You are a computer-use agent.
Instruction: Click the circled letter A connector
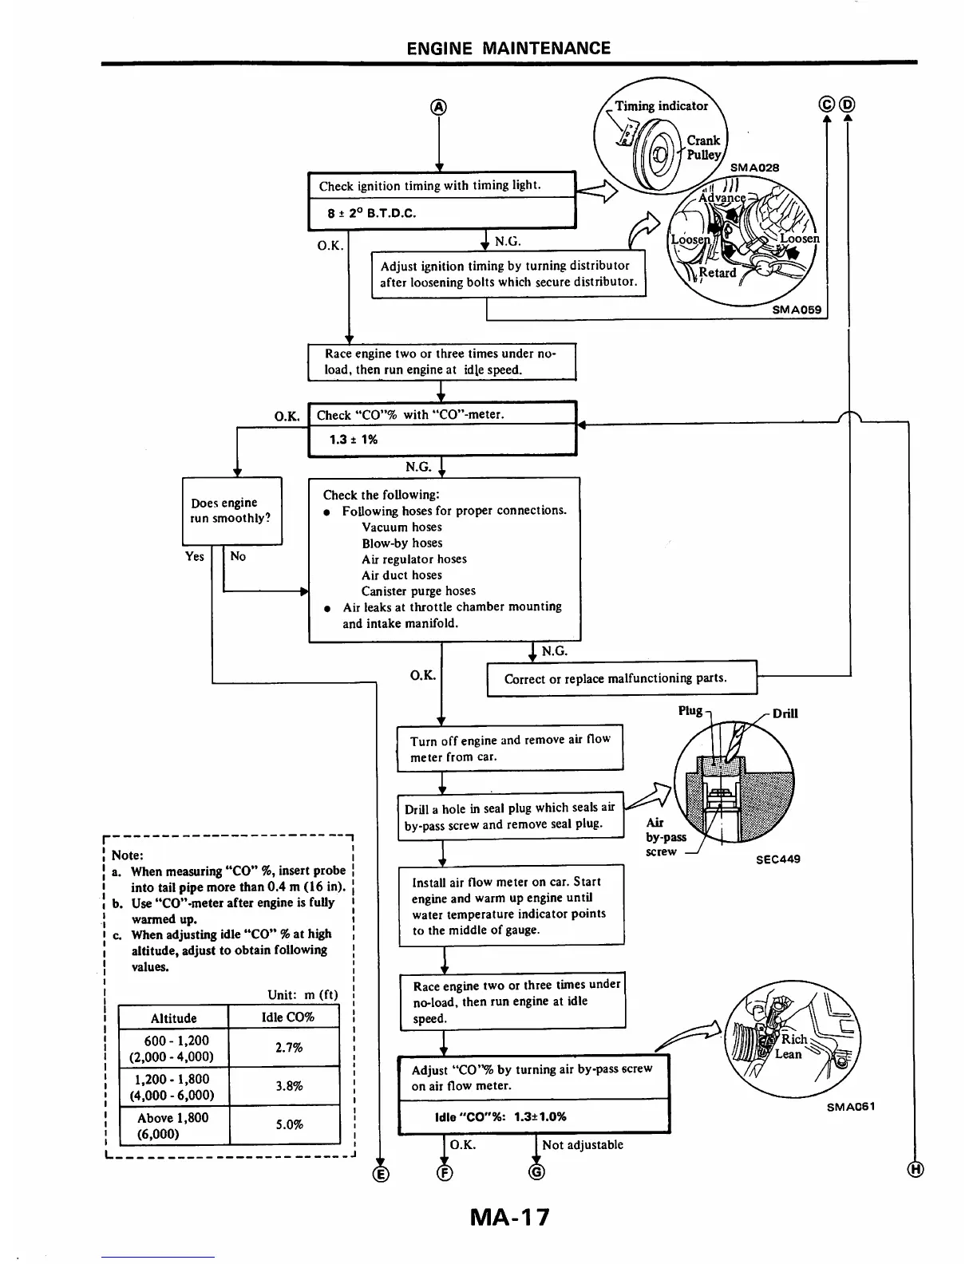(439, 108)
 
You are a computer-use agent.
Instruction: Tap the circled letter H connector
(916, 1170)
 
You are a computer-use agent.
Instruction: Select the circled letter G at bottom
(537, 1171)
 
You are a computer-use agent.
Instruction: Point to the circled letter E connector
(381, 1172)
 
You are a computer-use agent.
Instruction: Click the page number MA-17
(510, 1218)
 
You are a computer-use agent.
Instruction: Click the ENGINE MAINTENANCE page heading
(508, 48)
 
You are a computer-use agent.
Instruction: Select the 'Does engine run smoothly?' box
(231, 511)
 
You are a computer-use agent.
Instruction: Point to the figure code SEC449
(777, 859)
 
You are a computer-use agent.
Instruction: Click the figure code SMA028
(754, 168)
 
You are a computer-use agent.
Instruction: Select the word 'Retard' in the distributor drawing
(717, 272)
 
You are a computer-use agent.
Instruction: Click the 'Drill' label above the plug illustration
(785, 713)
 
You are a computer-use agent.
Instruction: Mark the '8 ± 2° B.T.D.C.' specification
(371, 213)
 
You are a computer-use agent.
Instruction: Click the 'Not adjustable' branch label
(582, 1144)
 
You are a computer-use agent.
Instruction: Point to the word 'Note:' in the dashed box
(128, 855)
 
